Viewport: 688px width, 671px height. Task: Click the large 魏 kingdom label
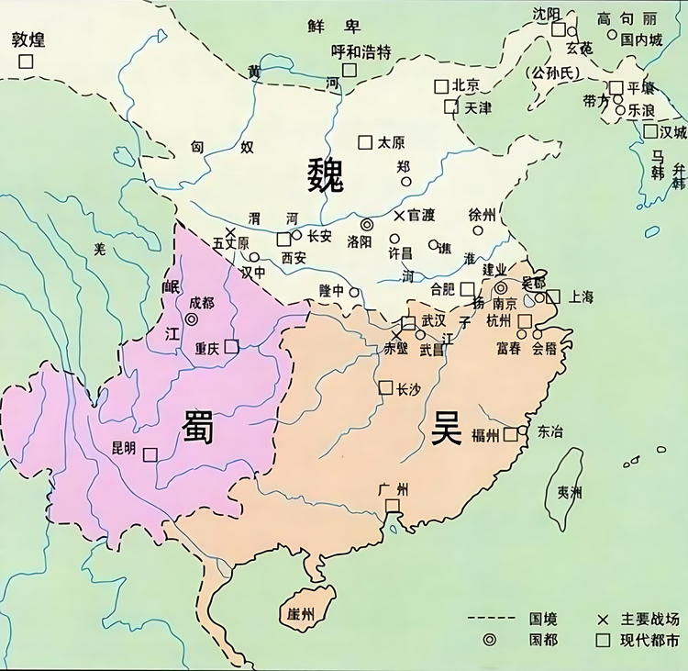click(326, 175)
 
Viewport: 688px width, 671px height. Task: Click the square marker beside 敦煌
click(26, 61)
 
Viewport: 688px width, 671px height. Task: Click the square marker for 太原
click(365, 142)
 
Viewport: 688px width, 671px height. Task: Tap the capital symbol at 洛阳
click(367, 224)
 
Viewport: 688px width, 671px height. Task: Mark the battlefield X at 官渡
click(398, 216)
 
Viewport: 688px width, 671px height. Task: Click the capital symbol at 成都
click(191, 319)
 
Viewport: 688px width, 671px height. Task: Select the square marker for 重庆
click(231, 346)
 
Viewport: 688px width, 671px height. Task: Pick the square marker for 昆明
click(150, 453)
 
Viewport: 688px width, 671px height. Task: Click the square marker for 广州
click(393, 506)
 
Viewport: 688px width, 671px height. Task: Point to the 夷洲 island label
click(569, 492)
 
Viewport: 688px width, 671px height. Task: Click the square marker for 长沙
click(385, 387)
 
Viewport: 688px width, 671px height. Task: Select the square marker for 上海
click(553, 296)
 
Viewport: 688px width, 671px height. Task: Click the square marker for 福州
click(510, 434)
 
